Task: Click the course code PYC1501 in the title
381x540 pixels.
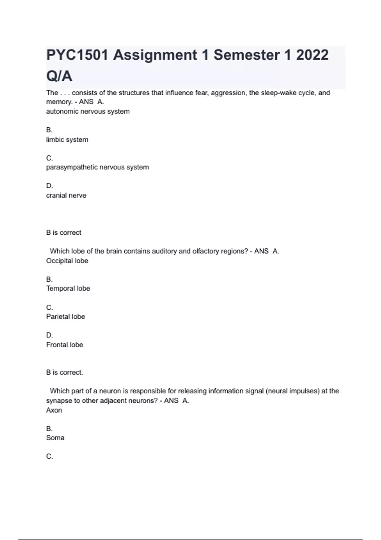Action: tap(77, 55)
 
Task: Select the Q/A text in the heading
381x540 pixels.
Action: tap(59, 76)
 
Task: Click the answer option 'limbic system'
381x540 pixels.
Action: tap(67, 139)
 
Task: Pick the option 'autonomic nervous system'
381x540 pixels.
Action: tap(88, 111)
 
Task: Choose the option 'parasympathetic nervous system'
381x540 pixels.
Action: tap(97, 167)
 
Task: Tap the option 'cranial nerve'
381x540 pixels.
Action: tap(66, 195)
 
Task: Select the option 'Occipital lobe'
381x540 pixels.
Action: tap(67, 261)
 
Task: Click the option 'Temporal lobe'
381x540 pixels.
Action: tap(68, 288)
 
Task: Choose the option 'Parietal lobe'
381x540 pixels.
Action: tap(65, 316)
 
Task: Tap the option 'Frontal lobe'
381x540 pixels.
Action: tap(64, 345)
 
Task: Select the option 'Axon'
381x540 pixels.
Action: tap(54, 410)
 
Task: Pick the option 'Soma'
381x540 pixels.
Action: tap(55, 438)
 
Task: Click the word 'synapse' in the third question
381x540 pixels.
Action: tap(59, 401)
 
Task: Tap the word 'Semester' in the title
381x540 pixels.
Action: tap(247, 55)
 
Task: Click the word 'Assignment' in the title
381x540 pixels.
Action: tap(155, 55)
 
